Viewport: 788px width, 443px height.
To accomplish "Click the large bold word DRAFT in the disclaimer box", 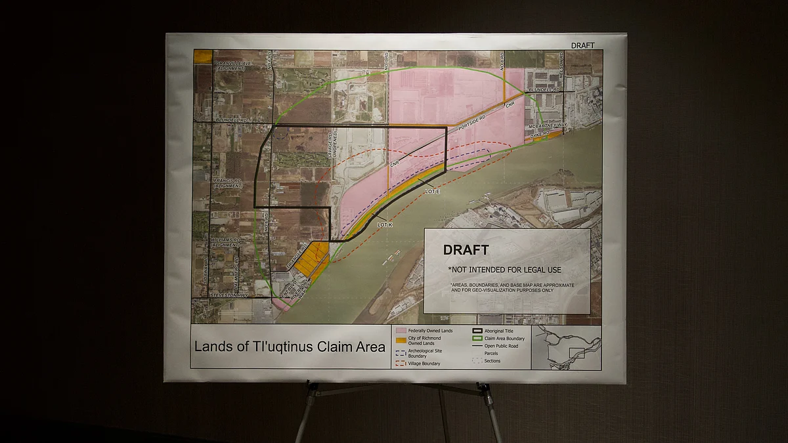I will pyautogui.click(x=466, y=250).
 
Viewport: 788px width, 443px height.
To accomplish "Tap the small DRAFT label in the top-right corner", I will pyautogui.click(x=582, y=45).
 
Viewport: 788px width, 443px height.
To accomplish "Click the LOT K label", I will pyautogui.click(x=385, y=224).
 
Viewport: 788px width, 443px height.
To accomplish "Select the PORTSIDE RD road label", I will pyautogui.click(x=472, y=125).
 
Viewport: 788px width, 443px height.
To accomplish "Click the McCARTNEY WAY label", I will pyautogui.click(x=550, y=125).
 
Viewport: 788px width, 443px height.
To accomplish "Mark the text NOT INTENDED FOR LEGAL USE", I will pyautogui.click(x=504, y=270).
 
